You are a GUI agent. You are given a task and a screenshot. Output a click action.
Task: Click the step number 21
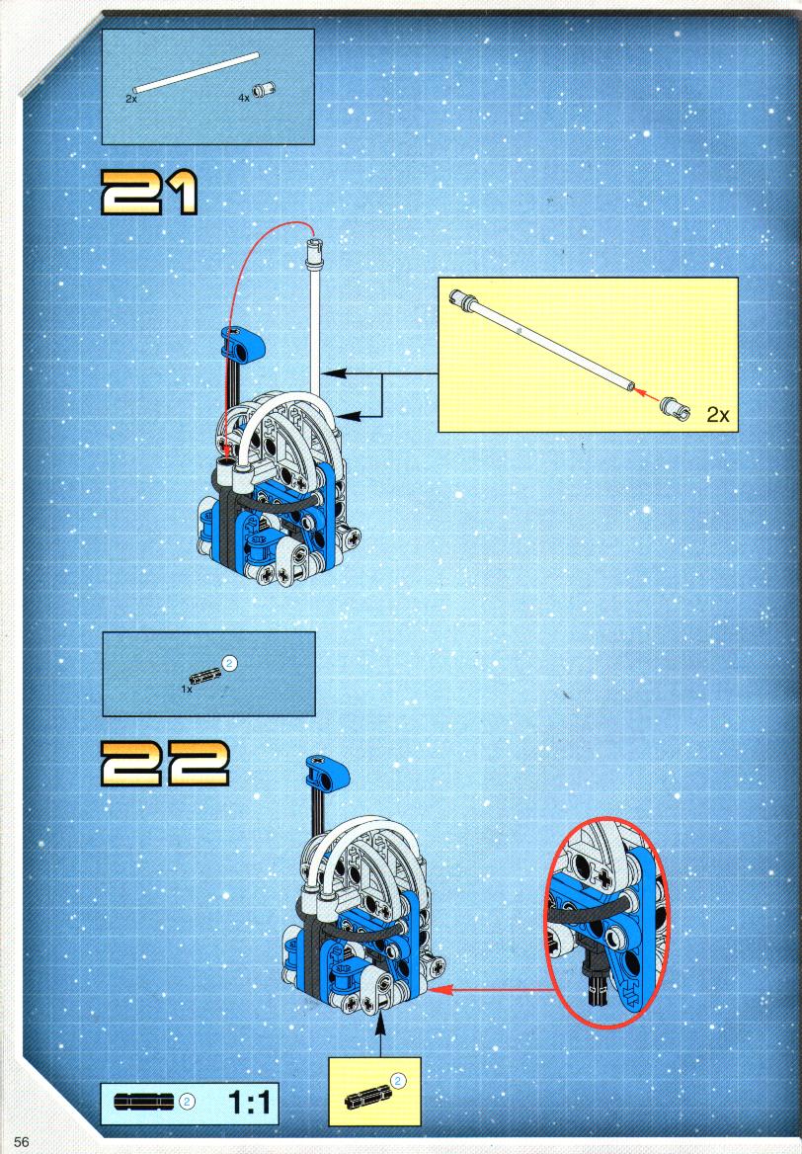click(x=149, y=192)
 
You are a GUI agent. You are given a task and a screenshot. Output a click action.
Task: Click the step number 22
click(x=165, y=763)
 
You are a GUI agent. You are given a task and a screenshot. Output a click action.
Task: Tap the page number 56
click(x=21, y=1141)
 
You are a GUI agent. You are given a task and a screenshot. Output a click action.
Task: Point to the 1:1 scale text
click(x=249, y=1103)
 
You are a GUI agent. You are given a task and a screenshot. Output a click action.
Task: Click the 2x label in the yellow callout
click(x=717, y=414)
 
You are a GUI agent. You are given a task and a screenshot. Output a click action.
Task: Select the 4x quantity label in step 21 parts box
click(x=244, y=97)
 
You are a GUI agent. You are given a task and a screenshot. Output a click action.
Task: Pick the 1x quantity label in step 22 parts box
click(x=187, y=690)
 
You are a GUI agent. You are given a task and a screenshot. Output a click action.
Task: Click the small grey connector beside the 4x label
click(x=264, y=90)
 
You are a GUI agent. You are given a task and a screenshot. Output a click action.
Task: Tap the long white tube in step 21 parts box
click(x=196, y=73)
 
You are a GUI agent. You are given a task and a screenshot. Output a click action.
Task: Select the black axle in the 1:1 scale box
click(x=144, y=1101)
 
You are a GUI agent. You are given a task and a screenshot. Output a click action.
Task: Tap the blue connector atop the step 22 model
click(x=327, y=774)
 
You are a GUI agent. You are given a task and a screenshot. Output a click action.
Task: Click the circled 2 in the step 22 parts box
click(x=229, y=663)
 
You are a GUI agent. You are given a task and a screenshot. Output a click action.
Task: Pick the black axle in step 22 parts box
click(x=205, y=675)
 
